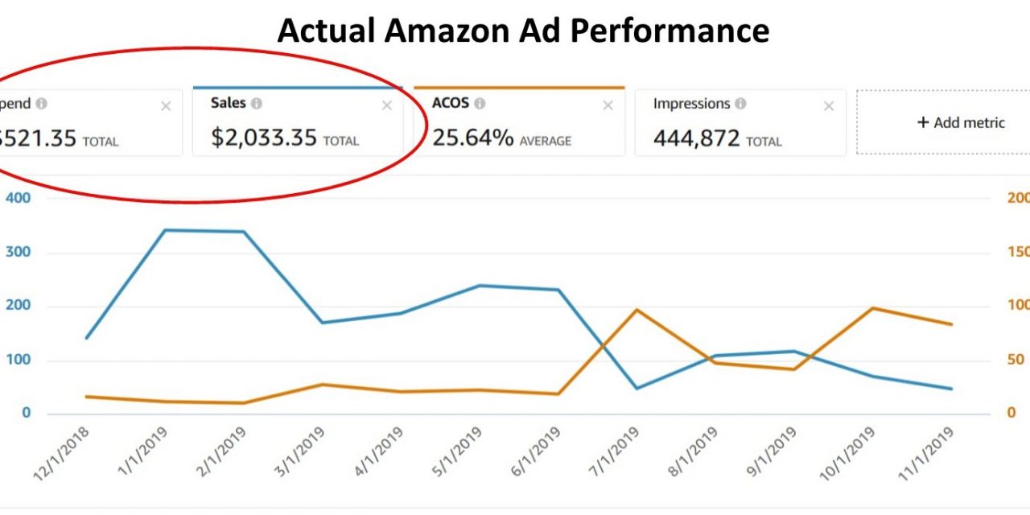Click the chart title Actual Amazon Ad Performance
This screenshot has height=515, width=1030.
pyautogui.click(x=523, y=31)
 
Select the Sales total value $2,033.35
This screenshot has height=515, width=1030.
pyautogui.click(x=264, y=138)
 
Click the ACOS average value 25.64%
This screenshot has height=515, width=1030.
pyautogui.click(x=473, y=138)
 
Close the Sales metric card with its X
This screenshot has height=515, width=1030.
pyautogui.click(x=387, y=105)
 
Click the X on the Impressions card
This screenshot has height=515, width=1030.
pyautogui.click(x=829, y=105)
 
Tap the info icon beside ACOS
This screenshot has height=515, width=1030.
pyautogui.click(x=480, y=104)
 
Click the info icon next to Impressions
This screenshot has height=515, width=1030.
pyautogui.click(x=740, y=104)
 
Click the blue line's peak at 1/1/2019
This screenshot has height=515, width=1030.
pyautogui.click(x=165, y=230)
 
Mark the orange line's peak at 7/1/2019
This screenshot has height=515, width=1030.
pyautogui.click(x=637, y=310)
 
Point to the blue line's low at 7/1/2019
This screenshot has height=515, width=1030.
pyautogui.click(x=637, y=388)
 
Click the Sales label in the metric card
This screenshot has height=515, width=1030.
pyautogui.click(x=228, y=104)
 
